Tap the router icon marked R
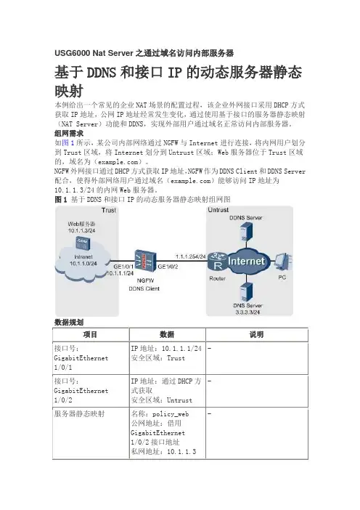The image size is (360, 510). coord(218,262)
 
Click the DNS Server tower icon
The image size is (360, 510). coord(246,291)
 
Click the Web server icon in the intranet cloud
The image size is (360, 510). coord(83,243)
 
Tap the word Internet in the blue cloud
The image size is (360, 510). coord(246,262)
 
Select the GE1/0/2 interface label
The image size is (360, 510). coord(168,267)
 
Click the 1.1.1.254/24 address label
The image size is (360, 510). coord(191,256)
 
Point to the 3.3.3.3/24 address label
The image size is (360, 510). coord(247,312)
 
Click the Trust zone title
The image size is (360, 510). coord(109,210)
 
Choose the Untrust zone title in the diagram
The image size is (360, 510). coord(218,210)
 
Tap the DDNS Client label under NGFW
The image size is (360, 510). coord(144,288)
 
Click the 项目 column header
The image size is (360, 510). coord(90,334)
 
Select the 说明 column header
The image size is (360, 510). coord(256,334)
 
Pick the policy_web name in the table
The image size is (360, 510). coord(171,414)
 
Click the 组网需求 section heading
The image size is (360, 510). coord(69,134)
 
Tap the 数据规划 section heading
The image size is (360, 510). coord(69,323)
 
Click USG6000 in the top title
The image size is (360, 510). coord(73,53)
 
